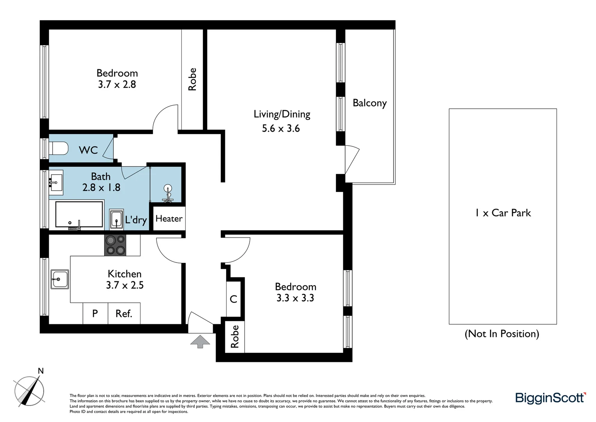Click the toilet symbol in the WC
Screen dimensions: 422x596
coord(59,148)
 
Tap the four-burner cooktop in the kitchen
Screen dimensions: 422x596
coord(115,245)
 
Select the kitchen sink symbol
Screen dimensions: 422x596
coord(59,279)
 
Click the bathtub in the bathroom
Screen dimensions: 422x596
coord(79,215)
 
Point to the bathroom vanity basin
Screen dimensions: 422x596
coord(56,182)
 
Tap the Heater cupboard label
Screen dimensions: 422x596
coord(169,218)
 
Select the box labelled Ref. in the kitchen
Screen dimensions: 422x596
coord(124,313)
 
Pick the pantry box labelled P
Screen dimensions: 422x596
coord(95,313)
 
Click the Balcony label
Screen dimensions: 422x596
coord(369,103)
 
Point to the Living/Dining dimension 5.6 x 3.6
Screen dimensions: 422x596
coord(281,128)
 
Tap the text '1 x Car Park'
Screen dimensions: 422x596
coord(503,213)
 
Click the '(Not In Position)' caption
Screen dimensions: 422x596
coord(502,334)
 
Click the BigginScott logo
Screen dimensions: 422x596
coord(550,398)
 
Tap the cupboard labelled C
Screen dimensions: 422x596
coord(234,299)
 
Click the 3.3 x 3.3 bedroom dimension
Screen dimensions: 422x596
coord(295,298)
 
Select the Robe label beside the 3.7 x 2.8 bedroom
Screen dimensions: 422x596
coord(192,79)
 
